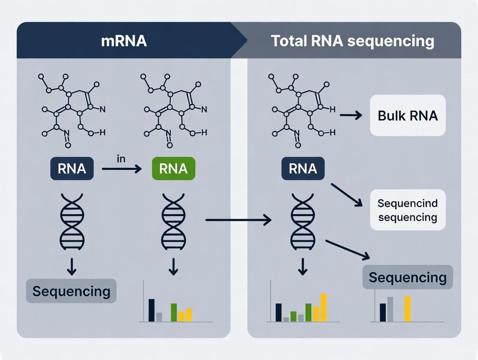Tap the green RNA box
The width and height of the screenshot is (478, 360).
click(x=173, y=169)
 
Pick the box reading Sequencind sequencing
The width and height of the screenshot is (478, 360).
click(x=407, y=210)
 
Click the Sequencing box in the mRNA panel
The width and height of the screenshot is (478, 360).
click(x=71, y=291)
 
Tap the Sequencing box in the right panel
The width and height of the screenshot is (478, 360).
click(x=407, y=277)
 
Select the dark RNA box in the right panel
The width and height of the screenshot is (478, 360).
click(x=303, y=169)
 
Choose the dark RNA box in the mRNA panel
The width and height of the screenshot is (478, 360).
click(x=72, y=169)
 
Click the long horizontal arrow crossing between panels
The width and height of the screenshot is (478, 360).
click(x=238, y=220)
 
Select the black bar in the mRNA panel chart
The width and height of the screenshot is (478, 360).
click(x=152, y=310)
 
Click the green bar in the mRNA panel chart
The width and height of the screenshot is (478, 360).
click(x=174, y=312)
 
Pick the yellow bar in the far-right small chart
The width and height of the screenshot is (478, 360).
click(x=407, y=309)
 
